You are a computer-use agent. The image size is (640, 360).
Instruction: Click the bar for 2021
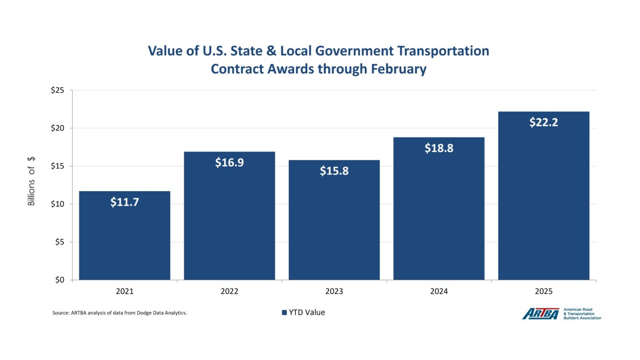(125, 239)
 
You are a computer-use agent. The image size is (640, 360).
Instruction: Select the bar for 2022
(229, 219)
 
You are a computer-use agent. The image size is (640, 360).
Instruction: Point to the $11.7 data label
(125, 202)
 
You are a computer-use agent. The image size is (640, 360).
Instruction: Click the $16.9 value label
(229, 163)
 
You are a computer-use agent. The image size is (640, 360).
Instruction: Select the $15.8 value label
(334, 171)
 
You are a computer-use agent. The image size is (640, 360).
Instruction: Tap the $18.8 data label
(439, 148)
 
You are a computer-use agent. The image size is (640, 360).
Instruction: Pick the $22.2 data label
(544, 122)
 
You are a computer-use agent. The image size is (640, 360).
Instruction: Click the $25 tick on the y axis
(58, 91)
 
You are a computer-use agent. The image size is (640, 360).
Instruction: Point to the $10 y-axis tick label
(58, 204)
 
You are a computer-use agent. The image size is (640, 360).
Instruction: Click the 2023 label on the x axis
(334, 291)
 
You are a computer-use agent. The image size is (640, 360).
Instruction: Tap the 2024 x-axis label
(439, 291)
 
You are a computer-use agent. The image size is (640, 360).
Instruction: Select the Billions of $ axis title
(31, 181)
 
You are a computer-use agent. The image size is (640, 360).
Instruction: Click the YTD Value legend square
(284, 313)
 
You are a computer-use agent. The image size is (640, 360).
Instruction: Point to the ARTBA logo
(541, 314)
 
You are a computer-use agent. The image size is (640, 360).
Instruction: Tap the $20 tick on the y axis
(58, 129)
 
